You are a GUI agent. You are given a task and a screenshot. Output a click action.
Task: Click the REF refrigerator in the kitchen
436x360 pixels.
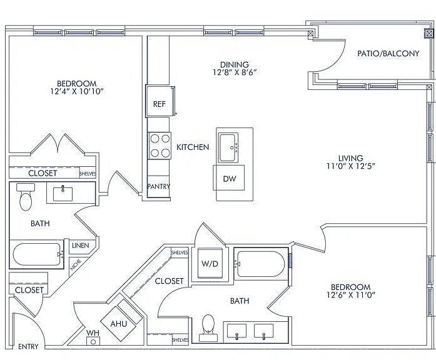coord(160,101)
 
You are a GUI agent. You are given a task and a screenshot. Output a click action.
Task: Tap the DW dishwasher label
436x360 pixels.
coord(230,179)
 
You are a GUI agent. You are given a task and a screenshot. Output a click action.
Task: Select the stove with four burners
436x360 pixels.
coord(159,146)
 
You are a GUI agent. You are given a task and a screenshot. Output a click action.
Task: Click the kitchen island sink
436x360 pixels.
coord(228,147)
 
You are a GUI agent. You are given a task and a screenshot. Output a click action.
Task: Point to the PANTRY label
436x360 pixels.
coord(158,186)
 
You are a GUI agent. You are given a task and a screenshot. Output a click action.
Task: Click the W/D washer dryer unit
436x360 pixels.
coord(210,263)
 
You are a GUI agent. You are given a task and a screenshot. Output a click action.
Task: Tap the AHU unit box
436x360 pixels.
coord(118,324)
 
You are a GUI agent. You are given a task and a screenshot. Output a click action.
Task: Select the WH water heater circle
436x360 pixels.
coord(93,342)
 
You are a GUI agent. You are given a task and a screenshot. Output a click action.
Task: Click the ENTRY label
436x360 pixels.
coord(28,347)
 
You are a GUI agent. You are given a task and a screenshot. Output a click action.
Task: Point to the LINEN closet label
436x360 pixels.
coord(80,246)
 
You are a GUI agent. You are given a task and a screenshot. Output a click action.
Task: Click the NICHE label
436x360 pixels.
coord(76,265)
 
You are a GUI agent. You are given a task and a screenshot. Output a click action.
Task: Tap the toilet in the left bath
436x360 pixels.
coord(26,197)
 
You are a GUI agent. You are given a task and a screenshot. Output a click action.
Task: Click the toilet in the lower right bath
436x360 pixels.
coord(208,327)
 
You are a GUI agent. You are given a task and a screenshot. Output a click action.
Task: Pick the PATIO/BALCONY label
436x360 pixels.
coord(388,53)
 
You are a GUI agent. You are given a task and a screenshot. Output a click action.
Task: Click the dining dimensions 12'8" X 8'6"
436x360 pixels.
coord(235,72)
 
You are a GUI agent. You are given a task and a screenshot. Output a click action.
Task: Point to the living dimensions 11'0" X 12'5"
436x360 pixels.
coord(351,166)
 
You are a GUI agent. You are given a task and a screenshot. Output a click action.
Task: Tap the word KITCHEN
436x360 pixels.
coord(193,147)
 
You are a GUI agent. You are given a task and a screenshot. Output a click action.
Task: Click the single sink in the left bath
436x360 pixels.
coord(63,193)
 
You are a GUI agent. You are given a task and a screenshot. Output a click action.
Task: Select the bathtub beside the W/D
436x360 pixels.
coord(261,264)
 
